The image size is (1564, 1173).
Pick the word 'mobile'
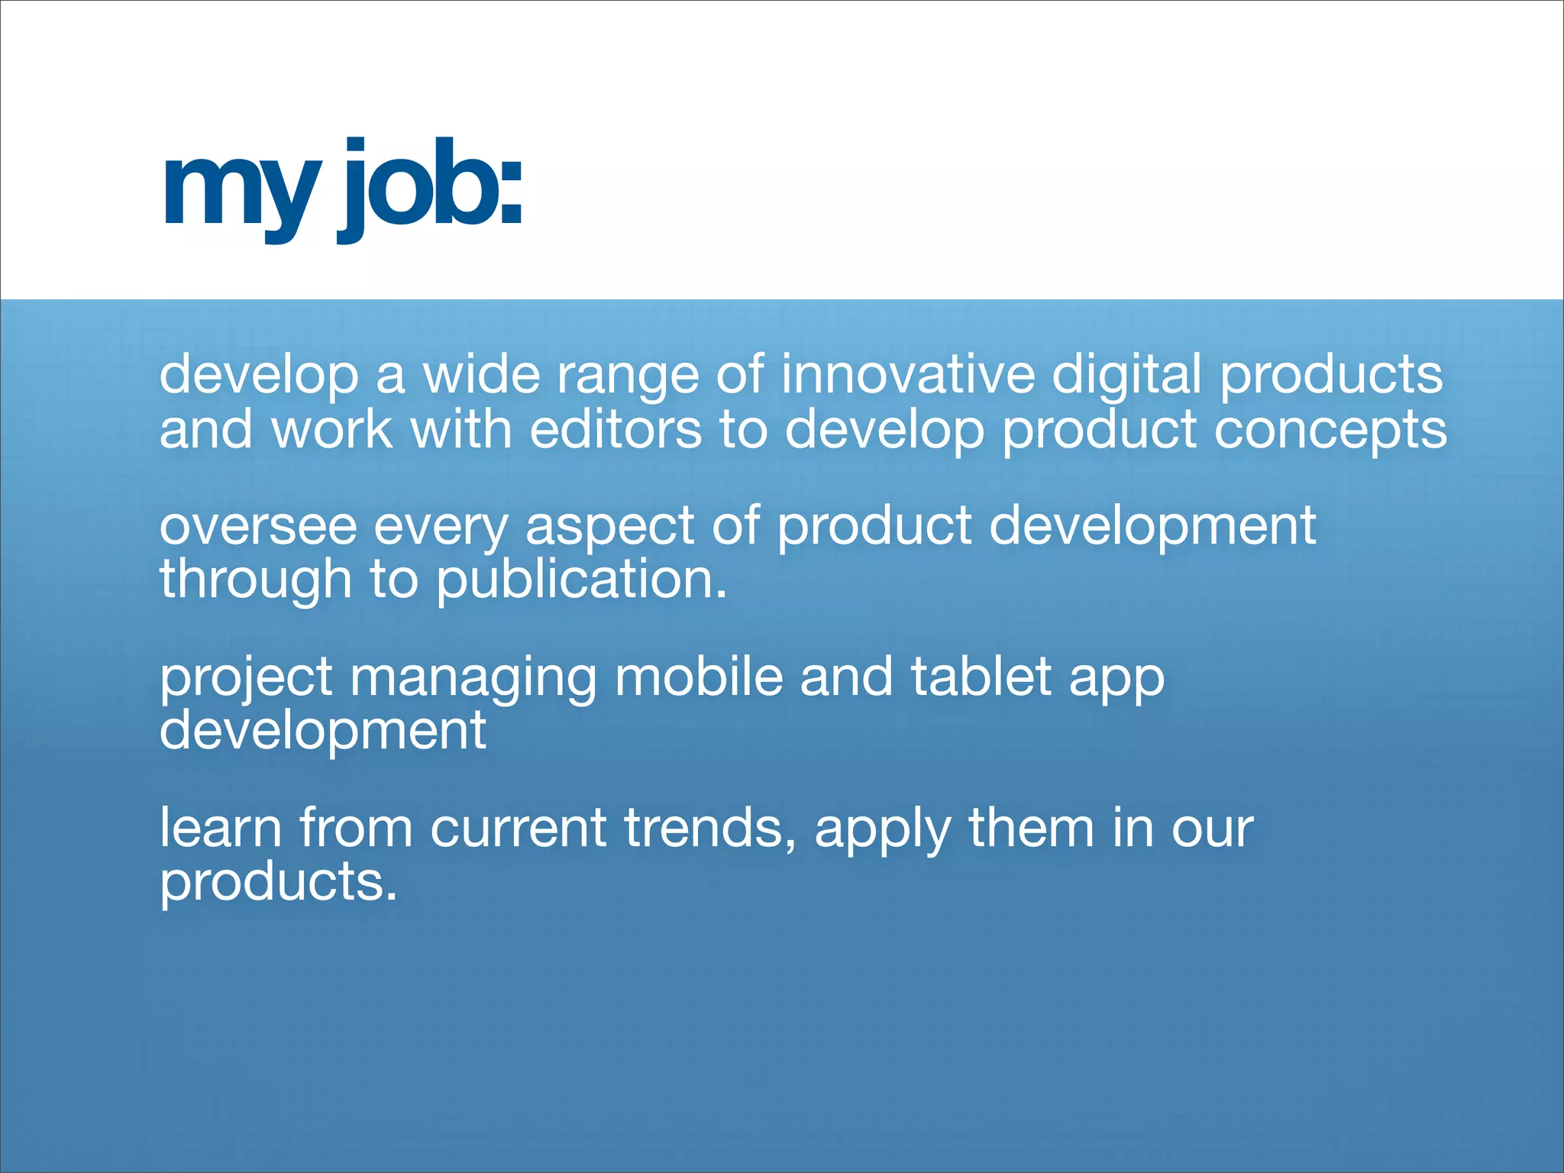click(x=699, y=677)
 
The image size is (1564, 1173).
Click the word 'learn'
click(x=221, y=828)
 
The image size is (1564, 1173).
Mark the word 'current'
click(x=519, y=829)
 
